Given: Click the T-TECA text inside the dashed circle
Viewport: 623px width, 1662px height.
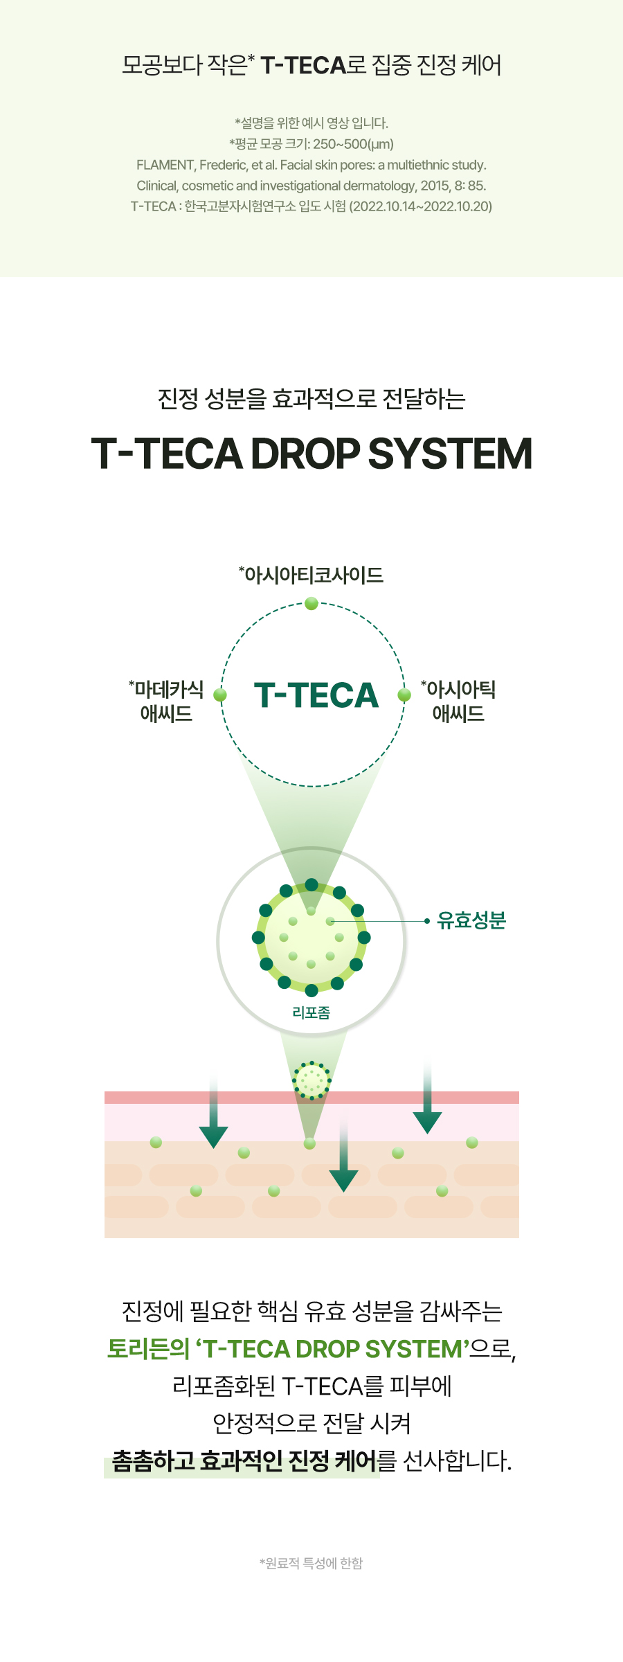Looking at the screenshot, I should [x=316, y=695].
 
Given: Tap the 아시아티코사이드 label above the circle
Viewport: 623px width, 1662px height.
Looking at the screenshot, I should [x=311, y=575].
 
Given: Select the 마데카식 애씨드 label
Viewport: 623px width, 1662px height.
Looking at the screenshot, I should [x=166, y=701].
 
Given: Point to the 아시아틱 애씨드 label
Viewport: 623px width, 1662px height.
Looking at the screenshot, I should [x=458, y=701].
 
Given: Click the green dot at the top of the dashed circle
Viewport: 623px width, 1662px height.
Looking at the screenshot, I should [x=311, y=604].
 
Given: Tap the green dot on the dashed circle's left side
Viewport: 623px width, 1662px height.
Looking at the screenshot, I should [x=220, y=695].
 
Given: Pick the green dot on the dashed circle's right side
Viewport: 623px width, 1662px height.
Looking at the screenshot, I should [x=404, y=695].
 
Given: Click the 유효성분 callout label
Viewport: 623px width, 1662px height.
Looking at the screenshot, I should [x=471, y=920].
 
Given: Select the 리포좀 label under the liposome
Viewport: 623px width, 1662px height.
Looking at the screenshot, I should [x=311, y=1012].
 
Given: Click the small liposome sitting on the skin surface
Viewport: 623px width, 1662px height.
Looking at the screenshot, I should [x=311, y=1080].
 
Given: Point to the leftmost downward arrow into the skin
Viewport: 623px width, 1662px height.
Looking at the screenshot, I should [x=213, y=1115].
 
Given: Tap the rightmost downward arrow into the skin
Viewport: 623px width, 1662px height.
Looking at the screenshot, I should [x=427, y=1101].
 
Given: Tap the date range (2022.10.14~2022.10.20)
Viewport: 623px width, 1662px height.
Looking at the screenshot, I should [x=421, y=206].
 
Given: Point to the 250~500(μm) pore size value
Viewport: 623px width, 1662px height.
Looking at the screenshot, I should [x=353, y=144].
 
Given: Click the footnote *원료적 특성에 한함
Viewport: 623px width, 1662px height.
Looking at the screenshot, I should [x=311, y=1563].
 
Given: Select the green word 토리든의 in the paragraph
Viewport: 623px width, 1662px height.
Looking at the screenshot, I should [x=148, y=1348].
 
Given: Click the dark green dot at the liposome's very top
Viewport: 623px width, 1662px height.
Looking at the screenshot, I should [x=311, y=885].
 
